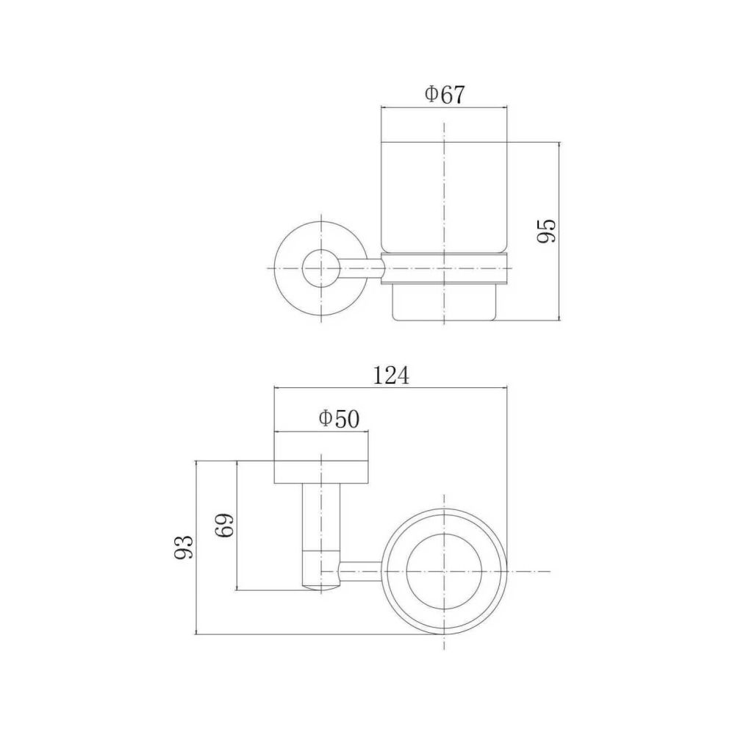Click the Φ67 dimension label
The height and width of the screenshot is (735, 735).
click(445, 95)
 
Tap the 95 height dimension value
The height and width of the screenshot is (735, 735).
click(546, 231)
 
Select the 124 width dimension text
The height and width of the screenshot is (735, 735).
click(391, 376)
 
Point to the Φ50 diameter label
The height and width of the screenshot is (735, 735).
click(339, 419)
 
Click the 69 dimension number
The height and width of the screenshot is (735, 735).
click(224, 525)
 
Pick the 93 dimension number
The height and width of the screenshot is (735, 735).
click(183, 547)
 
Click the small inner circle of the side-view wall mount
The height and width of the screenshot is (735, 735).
click(321, 268)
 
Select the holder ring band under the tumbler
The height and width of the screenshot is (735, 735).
click(445, 268)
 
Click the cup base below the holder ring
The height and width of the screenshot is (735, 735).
click(445, 303)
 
